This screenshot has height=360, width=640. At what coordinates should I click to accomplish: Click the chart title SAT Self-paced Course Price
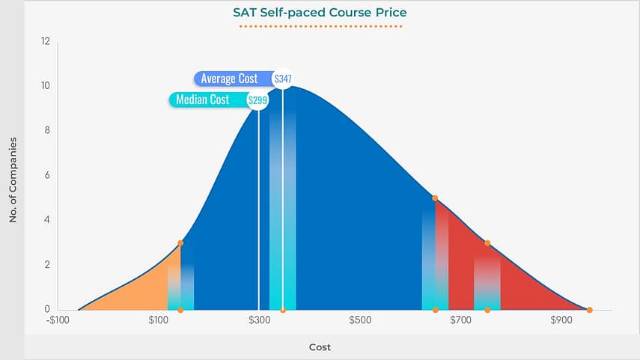point(320,13)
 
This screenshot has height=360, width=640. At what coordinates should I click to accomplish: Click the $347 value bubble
point(282,78)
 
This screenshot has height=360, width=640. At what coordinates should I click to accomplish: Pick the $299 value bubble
point(257,100)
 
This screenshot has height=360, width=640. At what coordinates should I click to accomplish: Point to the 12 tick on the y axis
point(45,41)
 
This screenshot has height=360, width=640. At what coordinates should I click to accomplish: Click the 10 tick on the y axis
point(45,86)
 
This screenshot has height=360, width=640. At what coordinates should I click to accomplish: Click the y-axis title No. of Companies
point(13,180)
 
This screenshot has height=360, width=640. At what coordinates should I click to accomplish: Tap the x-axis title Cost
point(320,347)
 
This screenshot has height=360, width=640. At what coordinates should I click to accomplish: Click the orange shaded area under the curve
point(142,288)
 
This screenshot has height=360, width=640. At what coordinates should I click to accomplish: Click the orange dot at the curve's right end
point(589,310)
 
